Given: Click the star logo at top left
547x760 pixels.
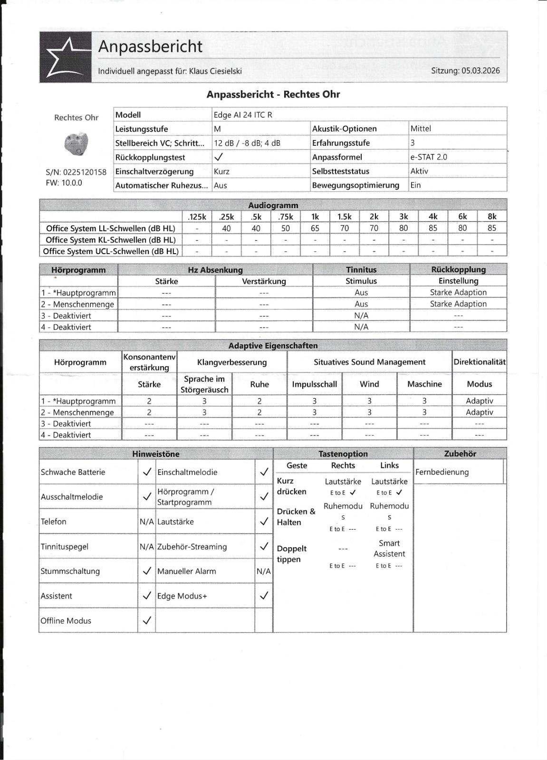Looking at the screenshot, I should pos(65,57).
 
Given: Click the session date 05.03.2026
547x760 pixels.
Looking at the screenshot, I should pos(480,70).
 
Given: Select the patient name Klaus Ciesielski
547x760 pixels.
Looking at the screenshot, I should pos(215,71).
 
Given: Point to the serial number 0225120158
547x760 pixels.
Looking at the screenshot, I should pos(85,172).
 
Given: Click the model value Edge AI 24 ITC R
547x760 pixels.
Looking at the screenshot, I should pos(243,114).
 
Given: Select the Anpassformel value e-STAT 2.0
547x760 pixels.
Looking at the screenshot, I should pos(428,157).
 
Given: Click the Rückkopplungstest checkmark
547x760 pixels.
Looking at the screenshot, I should pos(219,157).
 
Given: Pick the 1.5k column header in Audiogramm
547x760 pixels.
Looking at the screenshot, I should pos(344,217).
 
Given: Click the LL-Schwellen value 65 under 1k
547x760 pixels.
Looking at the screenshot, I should pos(315,228).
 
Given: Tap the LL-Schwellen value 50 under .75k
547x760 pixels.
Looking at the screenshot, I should pos(285,228).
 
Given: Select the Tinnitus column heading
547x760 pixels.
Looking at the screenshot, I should pos(361,269).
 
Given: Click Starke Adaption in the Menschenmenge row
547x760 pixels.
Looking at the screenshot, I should pos(458,304).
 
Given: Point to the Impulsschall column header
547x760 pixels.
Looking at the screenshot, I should pos(314,384).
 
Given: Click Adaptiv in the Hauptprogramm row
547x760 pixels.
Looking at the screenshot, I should pos(479,401).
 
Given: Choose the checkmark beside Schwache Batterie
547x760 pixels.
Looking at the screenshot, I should pos(147,472).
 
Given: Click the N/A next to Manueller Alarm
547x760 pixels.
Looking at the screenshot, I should pos(263,571).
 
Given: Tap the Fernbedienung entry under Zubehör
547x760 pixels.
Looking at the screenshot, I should pos(442,472).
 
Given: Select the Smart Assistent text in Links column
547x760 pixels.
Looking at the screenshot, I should pos(389,548).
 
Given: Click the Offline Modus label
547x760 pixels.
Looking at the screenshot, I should pos(66,621).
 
